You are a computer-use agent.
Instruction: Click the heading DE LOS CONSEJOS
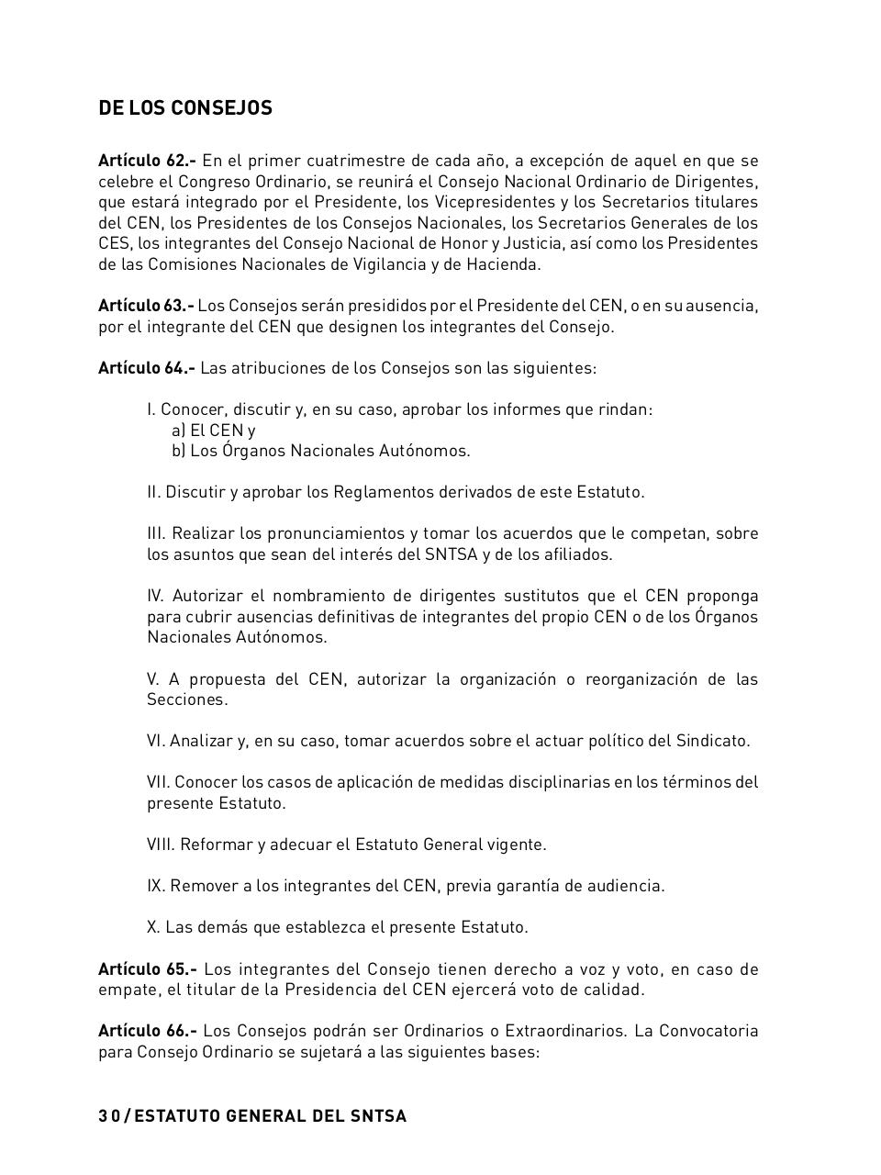[x=185, y=108]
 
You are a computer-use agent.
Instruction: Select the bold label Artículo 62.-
[x=147, y=161]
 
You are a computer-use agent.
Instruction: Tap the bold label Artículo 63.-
[x=146, y=306]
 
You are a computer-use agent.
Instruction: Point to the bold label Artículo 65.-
[x=147, y=969]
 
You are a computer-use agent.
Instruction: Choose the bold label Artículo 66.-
[x=147, y=1031]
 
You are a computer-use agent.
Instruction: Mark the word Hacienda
[x=504, y=264]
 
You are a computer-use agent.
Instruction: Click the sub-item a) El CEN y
[x=213, y=430]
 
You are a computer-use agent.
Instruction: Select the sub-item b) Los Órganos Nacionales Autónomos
[x=320, y=451]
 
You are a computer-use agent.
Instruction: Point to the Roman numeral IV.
[x=155, y=596]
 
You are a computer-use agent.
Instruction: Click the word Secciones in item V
[x=186, y=699]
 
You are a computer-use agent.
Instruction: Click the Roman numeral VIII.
[x=160, y=845]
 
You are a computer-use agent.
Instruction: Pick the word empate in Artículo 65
[x=127, y=990]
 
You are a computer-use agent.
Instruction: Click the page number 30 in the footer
[x=109, y=1116]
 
